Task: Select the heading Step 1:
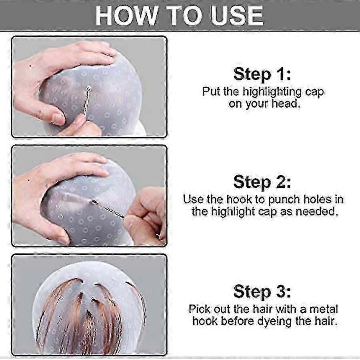coord(262,74)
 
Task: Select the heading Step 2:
coord(262,182)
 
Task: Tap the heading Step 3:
coord(262,291)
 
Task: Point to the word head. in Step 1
coord(286,104)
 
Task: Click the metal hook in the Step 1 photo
coord(86,102)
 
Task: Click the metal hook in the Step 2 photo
coord(108,208)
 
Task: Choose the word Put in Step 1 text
coord(212,92)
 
